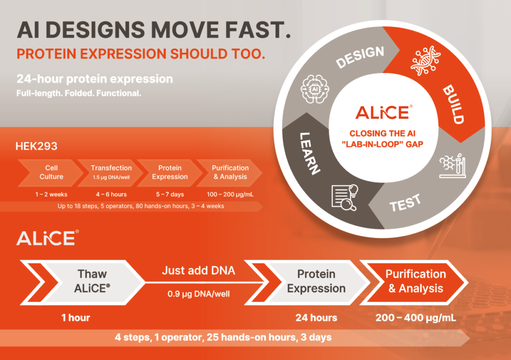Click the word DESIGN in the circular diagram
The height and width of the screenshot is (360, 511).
[360, 57]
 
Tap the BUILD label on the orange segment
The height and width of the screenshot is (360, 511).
[453, 104]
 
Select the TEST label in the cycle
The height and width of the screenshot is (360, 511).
[405, 203]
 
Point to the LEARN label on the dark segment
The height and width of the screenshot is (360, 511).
[309, 153]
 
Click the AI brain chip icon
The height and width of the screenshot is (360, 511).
[315, 89]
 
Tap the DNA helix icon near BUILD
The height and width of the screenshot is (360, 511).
[426, 60]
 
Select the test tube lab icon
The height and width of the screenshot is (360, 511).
[453, 166]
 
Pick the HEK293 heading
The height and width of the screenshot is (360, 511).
[36, 146]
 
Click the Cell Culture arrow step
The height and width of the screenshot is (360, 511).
[50, 173]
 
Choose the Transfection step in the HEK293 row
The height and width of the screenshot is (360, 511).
[111, 173]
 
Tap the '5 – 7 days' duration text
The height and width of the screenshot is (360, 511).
[170, 194]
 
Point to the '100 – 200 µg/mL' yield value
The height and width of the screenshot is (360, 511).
[230, 194]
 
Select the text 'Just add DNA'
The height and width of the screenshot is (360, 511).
[199, 270]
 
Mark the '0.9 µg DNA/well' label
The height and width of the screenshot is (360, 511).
[199, 294]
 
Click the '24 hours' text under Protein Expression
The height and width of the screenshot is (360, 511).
[316, 318]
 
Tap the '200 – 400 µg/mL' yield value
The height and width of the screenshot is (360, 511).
[416, 318]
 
